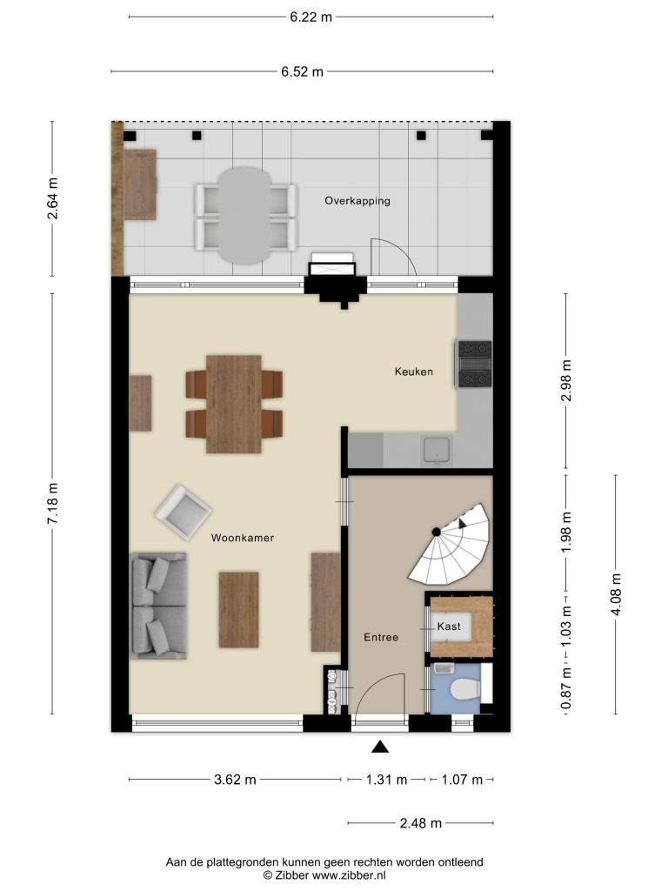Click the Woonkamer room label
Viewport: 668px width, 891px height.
point(243,538)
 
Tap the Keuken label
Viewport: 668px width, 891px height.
point(413,372)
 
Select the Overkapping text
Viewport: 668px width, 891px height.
point(357,201)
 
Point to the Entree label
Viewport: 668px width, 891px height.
point(381,638)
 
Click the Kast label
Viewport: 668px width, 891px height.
point(449,626)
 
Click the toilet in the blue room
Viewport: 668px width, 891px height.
point(465,690)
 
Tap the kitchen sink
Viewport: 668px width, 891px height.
point(437,450)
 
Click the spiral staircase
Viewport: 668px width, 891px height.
point(451,545)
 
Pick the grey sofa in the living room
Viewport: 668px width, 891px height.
point(158,606)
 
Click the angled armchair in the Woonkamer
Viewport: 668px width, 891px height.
point(183,512)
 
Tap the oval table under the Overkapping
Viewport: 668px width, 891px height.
point(244,215)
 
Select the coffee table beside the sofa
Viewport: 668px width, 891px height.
point(238,610)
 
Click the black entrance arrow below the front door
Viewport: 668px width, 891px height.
point(380,747)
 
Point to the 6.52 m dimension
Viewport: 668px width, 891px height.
point(302,71)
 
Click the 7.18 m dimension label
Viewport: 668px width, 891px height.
point(52,504)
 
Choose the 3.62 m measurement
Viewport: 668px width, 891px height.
point(235,780)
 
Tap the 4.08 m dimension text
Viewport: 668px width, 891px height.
point(617,594)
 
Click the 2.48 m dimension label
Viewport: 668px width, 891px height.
point(421,823)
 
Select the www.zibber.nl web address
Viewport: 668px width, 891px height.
point(350,875)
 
